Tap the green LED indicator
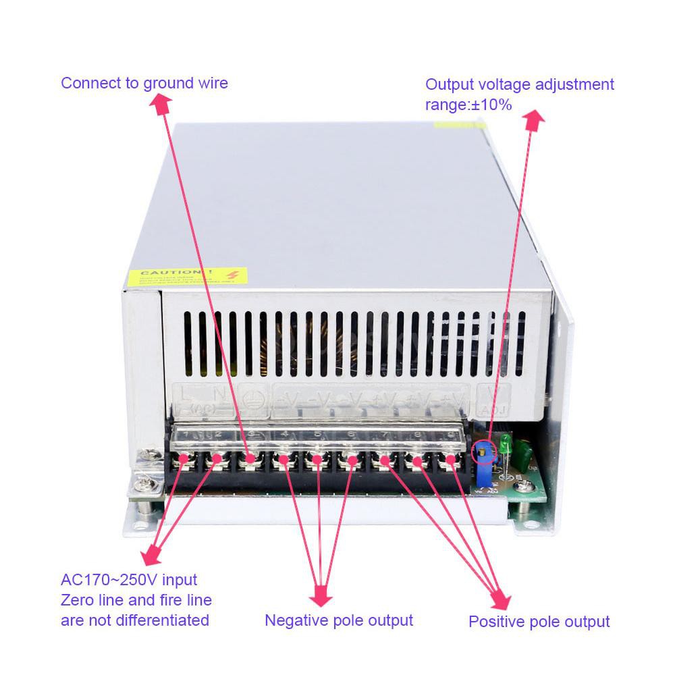pos(505,444)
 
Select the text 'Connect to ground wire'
pos(144,83)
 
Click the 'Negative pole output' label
pos(338,620)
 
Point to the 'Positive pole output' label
pos(539,622)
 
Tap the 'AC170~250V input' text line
pos(129,580)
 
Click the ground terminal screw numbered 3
pos(250,460)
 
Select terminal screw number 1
pos(183,460)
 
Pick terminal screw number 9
pos(450,461)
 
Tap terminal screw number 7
pos(383,461)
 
